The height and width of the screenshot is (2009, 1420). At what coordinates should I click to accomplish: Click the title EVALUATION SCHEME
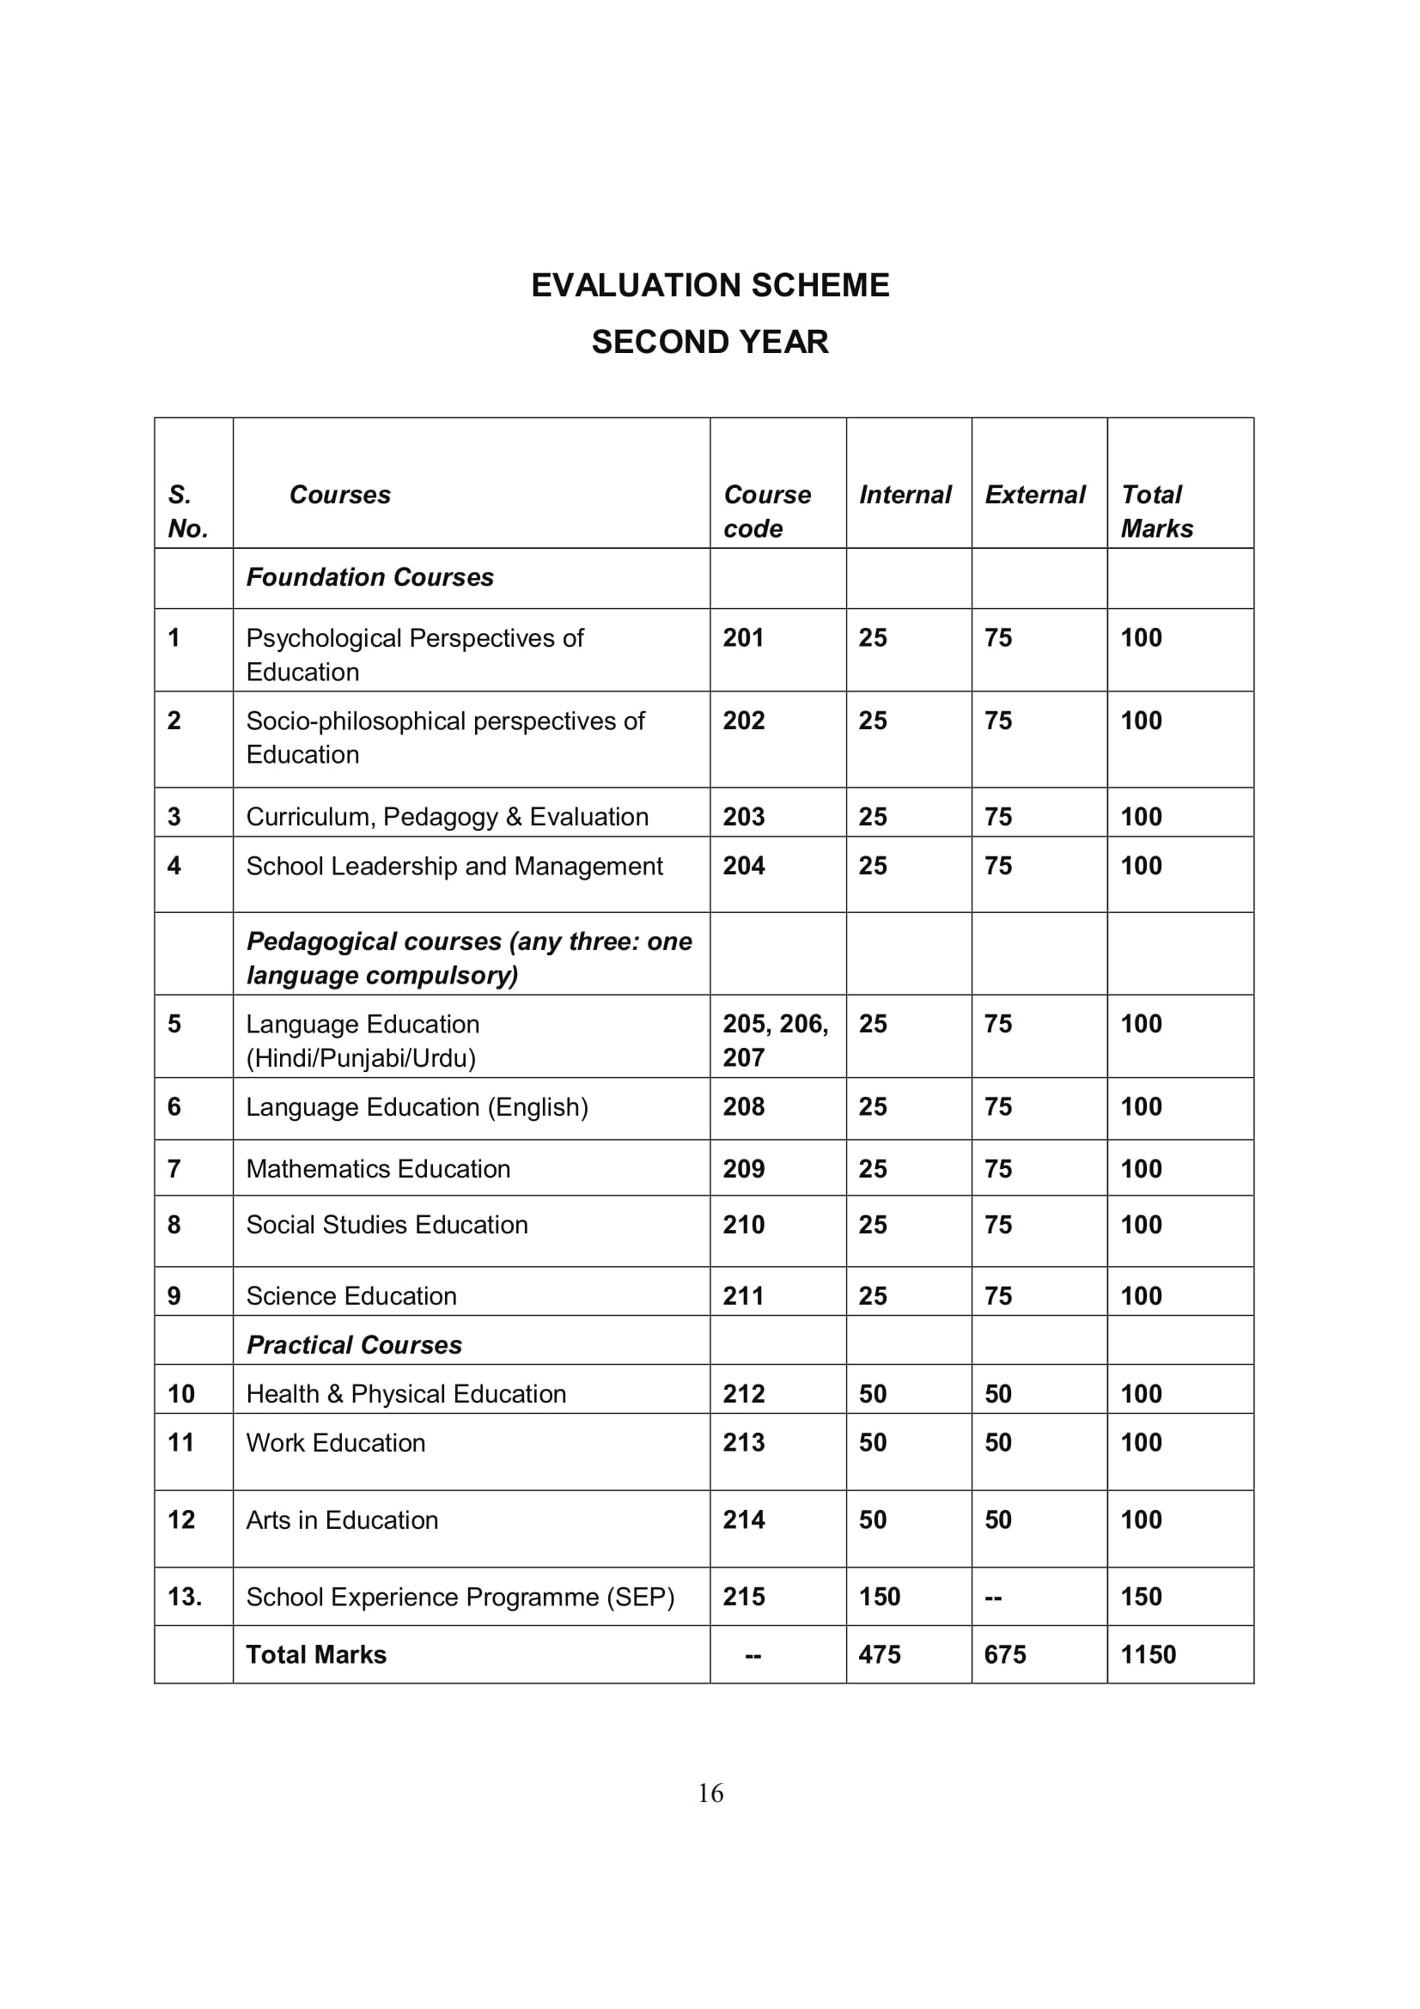[x=710, y=285]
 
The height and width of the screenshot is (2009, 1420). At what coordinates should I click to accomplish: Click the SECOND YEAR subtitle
[x=710, y=341]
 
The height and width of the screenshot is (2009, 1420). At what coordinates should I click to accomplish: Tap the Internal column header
[x=905, y=495]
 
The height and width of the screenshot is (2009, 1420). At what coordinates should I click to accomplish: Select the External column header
[x=1035, y=495]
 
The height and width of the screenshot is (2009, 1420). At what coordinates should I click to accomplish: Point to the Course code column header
[x=766, y=511]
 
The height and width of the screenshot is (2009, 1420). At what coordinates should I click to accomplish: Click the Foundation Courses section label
[x=370, y=577]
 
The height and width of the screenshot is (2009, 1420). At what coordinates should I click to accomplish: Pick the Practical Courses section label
[x=354, y=1345]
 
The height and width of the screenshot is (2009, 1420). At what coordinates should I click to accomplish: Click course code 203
[x=744, y=816]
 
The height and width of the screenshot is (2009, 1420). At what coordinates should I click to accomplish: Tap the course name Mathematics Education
[x=378, y=1169]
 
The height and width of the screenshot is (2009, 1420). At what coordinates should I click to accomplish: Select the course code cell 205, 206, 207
[x=775, y=1040]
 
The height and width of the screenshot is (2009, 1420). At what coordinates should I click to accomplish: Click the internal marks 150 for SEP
[x=880, y=1597]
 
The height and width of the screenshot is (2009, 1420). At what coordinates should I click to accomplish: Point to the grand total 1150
[x=1148, y=1654]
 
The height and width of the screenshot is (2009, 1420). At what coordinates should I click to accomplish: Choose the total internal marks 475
[x=880, y=1654]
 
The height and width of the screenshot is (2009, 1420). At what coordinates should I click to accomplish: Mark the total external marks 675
[x=1004, y=1654]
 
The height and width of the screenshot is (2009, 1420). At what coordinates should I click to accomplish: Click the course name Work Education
[x=336, y=1443]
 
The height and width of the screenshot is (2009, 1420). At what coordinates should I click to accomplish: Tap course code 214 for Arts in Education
[x=744, y=1520]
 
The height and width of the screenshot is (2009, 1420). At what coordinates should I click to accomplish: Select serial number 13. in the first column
[x=185, y=1597]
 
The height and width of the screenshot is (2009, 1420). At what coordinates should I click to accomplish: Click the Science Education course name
[x=351, y=1296]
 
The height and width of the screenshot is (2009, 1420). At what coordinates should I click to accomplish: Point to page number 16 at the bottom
[x=710, y=1793]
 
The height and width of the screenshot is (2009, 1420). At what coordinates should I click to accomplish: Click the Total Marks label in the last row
[x=316, y=1654]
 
